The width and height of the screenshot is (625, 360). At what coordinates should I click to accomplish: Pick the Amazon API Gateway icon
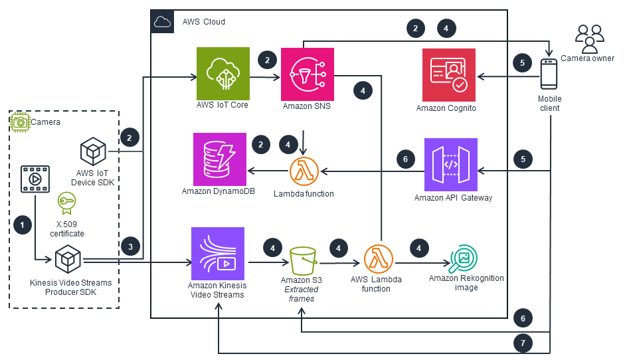pyautogui.click(x=451, y=165)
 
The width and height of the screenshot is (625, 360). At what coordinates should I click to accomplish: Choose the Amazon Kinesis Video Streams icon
pyautogui.click(x=217, y=254)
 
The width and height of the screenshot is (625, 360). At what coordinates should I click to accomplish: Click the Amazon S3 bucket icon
pyautogui.click(x=302, y=261)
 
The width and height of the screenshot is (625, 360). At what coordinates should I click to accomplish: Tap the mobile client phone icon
pyautogui.click(x=549, y=74)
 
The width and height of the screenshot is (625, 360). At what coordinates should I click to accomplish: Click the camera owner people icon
pyautogui.click(x=589, y=38)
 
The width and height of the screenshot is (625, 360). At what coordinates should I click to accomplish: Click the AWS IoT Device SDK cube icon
pyautogui.click(x=93, y=151)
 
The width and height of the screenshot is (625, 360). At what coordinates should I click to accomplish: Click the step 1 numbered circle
pyautogui.click(x=23, y=225)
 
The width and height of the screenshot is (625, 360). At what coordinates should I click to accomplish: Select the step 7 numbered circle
pyautogui.click(x=523, y=343)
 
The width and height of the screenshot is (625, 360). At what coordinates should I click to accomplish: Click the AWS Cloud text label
pyautogui.click(x=204, y=22)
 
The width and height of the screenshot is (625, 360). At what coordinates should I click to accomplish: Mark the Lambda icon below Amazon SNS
pyautogui.click(x=304, y=171)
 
